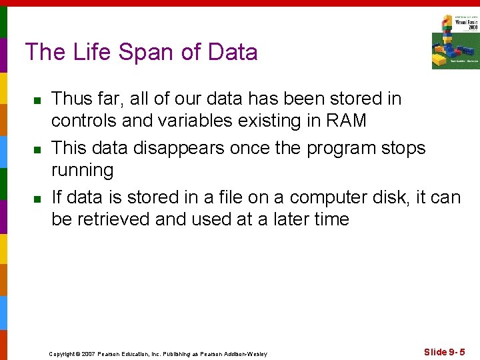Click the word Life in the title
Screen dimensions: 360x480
tap(88, 52)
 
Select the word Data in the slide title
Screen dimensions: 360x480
tap(232, 52)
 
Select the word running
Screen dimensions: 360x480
tap(83, 171)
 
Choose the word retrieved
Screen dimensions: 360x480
tap(115, 219)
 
